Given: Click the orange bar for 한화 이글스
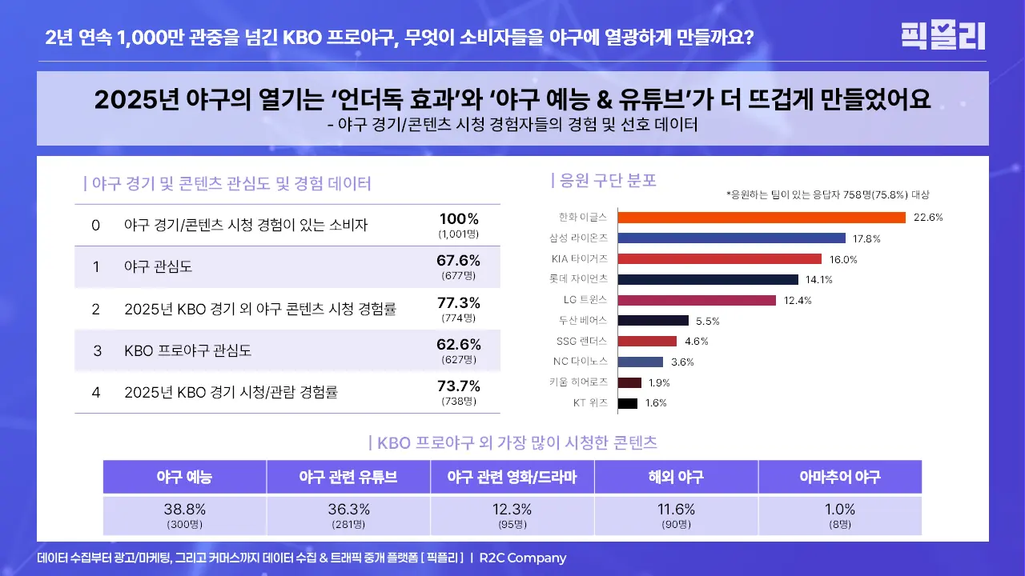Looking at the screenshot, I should click(x=762, y=218).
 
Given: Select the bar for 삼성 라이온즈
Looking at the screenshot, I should click(x=732, y=238).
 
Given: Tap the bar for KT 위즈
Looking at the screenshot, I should click(x=628, y=403).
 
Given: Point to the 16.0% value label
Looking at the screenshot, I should click(x=843, y=259).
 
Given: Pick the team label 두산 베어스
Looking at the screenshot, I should click(x=584, y=320).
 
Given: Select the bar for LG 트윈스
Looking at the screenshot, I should click(x=697, y=300).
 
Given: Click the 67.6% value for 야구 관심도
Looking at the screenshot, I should click(x=458, y=261).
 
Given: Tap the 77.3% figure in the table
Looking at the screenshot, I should click(x=458, y=303).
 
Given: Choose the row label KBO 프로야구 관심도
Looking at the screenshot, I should click(x=188, y=350).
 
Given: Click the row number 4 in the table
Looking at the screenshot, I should click(x=96, y=393).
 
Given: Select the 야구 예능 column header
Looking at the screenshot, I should click(x=185, y=478).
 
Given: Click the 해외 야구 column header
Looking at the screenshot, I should click(x=676, y=478).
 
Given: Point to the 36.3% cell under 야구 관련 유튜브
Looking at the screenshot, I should click(x=348, y=510).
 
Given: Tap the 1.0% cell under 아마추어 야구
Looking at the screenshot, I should click(x=839, y=510).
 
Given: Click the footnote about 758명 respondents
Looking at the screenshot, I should click(x=827, y=194).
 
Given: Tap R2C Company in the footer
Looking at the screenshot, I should click(x=523, y=558).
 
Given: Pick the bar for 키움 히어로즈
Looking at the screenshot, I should click(x=629, y=382).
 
